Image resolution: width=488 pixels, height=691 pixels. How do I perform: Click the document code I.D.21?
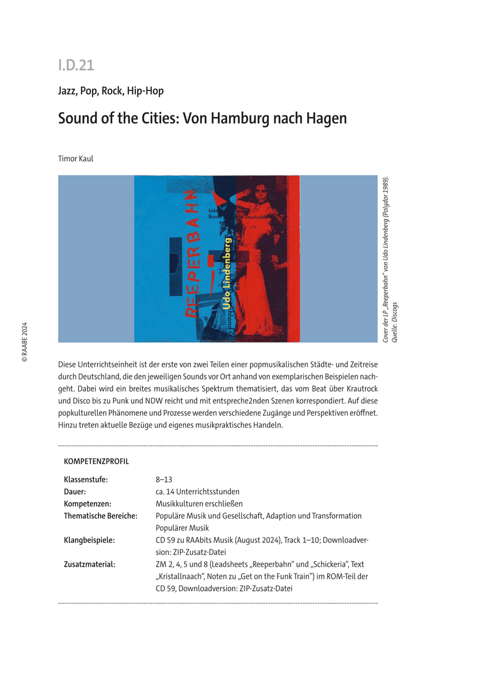(x=75, y=66)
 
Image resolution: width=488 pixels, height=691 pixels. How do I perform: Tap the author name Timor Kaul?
(x=75, y=158)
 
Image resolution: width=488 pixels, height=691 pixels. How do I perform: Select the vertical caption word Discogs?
(x=395, y=315)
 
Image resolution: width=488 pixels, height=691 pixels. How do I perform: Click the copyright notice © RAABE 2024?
(x=24, y=341)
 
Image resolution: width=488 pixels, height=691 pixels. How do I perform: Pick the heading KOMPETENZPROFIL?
(x=97, y=461)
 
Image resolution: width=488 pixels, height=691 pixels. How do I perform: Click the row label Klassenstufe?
(x=86, y=479)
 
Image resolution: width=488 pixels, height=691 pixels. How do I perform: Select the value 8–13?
(x=164, y=479)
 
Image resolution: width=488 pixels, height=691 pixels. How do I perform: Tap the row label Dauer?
(x=75, y=491)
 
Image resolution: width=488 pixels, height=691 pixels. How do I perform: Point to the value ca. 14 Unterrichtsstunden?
(x=197, y=491)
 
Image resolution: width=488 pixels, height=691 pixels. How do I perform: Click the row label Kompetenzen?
(x=87, y=503)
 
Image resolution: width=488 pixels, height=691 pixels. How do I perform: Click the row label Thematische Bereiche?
(x=101, y=516)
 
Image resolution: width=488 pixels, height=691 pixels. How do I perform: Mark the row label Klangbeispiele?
(x=89, y=540)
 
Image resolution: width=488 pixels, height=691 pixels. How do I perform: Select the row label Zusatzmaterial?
(x=89, y=564)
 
